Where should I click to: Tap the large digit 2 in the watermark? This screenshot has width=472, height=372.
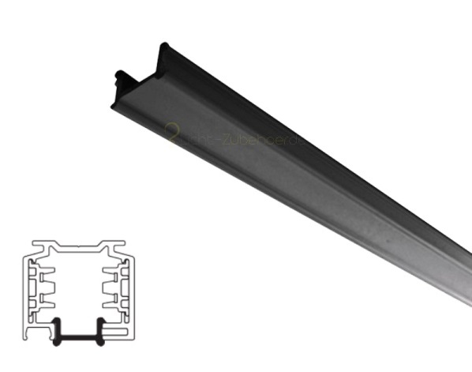(x=171, y=133)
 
